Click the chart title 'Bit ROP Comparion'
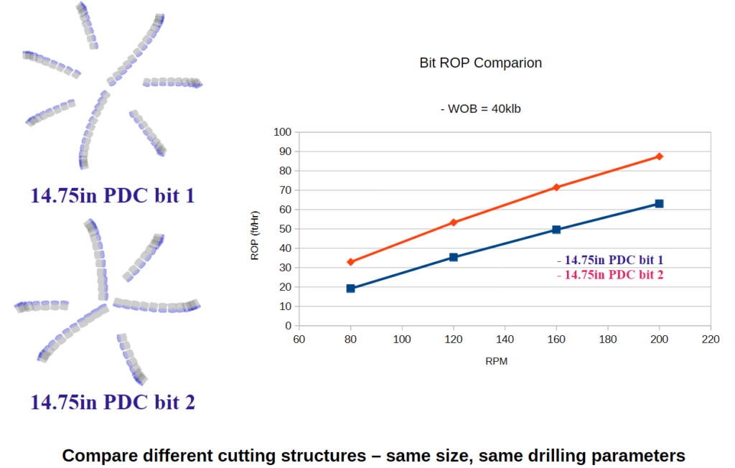pos(480,63)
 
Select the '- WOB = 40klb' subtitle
pos(480,109)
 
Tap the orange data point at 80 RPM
pos(350,262)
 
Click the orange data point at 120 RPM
pos(453,223)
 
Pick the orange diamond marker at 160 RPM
pos(556,187)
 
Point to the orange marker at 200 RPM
pos(659,156)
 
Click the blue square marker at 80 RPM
pos(350,289)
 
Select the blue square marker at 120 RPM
pos(453,257)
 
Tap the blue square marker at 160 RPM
pos(556,230)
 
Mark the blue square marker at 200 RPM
pos(659,204)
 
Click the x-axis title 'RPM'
pos(496,362)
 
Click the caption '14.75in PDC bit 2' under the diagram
pos(113,402)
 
